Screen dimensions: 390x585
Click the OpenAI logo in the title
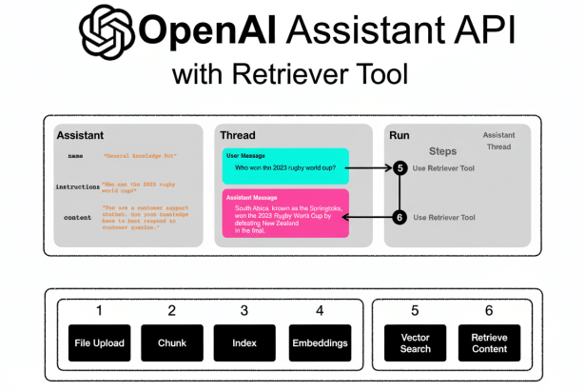click(107, 33)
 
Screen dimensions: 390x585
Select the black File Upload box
click(98, 342)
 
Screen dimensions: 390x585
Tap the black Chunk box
click(172, 342)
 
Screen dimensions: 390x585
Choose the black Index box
click(246, 342)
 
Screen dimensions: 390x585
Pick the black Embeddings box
click(320, 342)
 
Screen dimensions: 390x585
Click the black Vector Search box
click(415, 342)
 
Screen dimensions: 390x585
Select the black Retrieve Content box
click(489, 342)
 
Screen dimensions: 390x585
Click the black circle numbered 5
click(400, 168)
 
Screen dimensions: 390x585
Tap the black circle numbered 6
click(400, 217)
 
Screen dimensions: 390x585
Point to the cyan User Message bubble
click(286, 166)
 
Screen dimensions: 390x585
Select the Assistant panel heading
click(80, 135)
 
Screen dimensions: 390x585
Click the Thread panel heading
click(237, 135)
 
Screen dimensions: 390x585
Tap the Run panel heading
click(400, 135)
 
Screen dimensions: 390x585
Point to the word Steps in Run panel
click(442, 150)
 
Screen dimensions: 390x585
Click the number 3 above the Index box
click(246, 310)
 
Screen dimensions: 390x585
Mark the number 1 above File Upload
click(98, 310)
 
